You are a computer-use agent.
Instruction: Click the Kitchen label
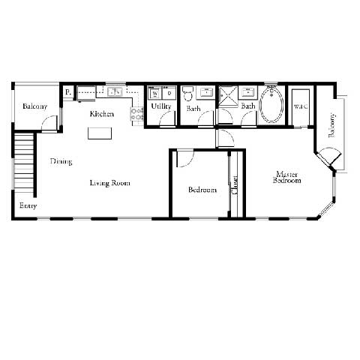tap(102, 114)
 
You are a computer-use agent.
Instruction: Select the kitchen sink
tap(115, 92)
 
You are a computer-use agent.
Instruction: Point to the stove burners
tap(137, 115)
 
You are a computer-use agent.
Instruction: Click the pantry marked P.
tap(67, 92)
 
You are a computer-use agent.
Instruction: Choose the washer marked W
tap(155, 93)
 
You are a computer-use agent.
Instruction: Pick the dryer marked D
tap(169, 93)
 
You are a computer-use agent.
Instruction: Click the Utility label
tap(161, 106)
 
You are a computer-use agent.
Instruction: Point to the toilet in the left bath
tap(189, 93)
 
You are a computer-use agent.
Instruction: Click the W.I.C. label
tap(301, 106)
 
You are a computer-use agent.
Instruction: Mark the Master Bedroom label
tap(286, 177)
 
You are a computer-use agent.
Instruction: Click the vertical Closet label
tap(235, 184)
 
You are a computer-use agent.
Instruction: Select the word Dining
tap(61, 161)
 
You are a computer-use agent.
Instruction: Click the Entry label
tap(28, 205)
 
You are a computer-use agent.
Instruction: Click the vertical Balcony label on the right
tap(331, 124)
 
